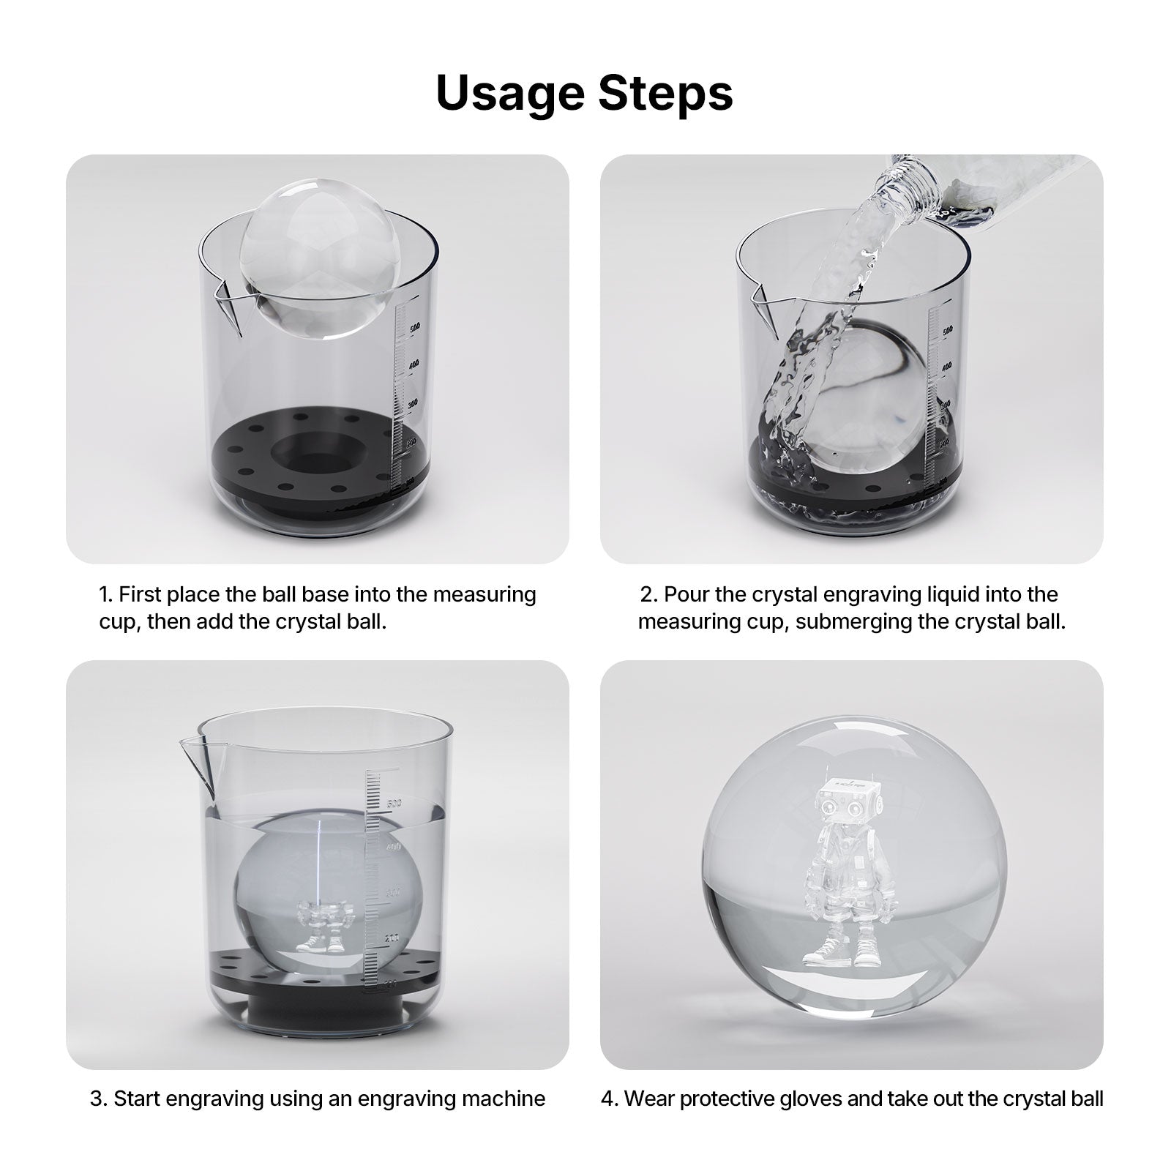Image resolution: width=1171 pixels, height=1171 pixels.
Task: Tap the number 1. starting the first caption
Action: (106, 594)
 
